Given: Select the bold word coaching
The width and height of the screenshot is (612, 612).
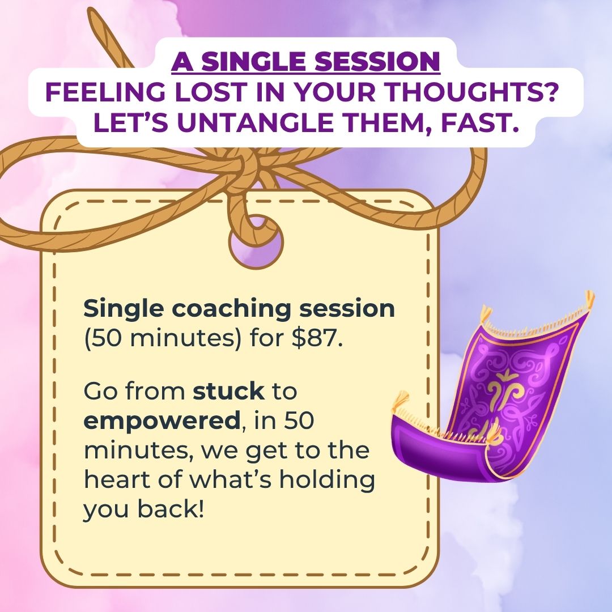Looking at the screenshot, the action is [x=231, y=309].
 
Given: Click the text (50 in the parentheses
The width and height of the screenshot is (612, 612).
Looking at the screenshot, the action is [x=103, y=339].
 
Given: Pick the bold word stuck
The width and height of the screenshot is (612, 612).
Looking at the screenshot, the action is [x=228, y=391].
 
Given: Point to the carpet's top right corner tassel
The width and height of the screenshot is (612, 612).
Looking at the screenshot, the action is [x=588, y=300].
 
